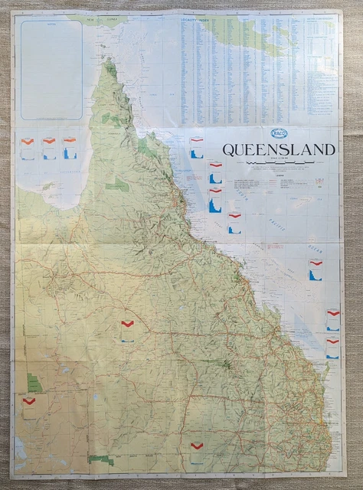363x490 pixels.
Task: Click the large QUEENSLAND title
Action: tap(278, 149)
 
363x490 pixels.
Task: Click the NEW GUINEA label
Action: tap(106, 17)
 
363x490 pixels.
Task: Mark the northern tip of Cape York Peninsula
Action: tap(107, 61)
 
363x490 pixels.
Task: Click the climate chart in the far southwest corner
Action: tap(29, 405)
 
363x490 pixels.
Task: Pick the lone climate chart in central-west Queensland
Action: tap(127, 330)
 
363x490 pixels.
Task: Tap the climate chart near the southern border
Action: tap(197, 452)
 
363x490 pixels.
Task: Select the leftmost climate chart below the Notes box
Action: tap(28, 147)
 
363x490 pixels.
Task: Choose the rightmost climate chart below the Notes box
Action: tap(70, 147)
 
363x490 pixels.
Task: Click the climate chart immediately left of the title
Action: tap(196, 147)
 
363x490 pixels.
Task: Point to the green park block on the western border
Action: tap(34, 382)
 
